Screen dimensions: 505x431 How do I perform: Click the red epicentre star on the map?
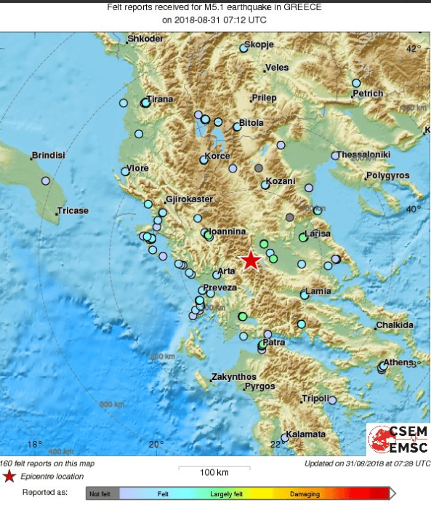tap(251, 259)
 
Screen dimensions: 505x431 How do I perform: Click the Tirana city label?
tap(160, 99)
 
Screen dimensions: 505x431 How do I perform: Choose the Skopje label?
tap(258, 44)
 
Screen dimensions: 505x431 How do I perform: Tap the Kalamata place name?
tap(305, 434)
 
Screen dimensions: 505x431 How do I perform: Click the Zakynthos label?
tap(233, 377)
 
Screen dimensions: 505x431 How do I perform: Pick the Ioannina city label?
tap(227, 231)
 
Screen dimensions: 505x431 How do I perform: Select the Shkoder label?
tap(145, 39)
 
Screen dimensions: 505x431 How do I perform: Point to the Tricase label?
tap(73, 211)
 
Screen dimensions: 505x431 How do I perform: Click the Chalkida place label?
tap(395, 325)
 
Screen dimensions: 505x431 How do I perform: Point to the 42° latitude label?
tap(413, 48)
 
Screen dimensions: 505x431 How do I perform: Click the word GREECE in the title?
tap(301, 7)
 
